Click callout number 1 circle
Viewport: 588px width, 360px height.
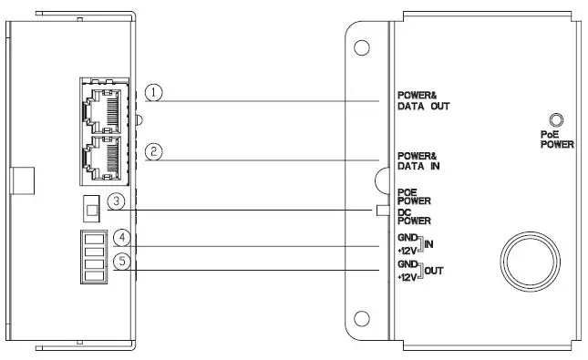click(x=155, y=94)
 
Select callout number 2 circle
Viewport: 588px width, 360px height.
click(x=155, y=152)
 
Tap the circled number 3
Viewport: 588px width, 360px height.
click(x=117, y=201)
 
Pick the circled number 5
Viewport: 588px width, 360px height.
click(x=121, y=262)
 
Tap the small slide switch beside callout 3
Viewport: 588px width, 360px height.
click(x=88, y=210)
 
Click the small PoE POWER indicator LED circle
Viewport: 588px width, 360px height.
click(x=555, y=119)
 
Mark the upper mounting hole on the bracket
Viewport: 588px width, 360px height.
click(x=361, y=48)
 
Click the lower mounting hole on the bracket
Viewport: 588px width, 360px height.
click(x=361, y=309)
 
